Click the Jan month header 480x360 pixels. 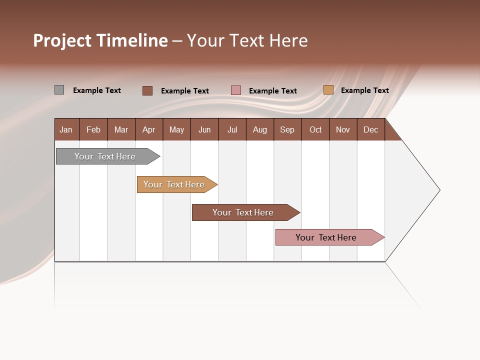[66, 129]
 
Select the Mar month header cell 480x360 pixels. [121, 129]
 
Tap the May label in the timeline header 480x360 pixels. [176, 129]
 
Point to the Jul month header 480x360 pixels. [232, 129]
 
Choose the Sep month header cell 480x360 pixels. [287, 129]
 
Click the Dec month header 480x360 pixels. [370, 129]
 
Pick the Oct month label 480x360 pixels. [315, 129]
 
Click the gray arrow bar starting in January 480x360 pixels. [105, 156]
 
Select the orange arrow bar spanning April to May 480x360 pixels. [174, 184]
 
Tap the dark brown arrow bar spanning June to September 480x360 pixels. [243, 212]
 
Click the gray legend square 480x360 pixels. [59, 90]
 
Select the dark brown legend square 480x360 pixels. [147, 90]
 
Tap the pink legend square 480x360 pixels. [236, 90]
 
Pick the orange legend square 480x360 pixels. [328, 90]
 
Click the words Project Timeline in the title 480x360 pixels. [100, 40]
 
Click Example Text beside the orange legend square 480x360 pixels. [364, 90]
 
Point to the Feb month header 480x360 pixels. [93, 129]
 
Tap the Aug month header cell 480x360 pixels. [259, 129]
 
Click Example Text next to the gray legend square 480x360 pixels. [97, 90]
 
